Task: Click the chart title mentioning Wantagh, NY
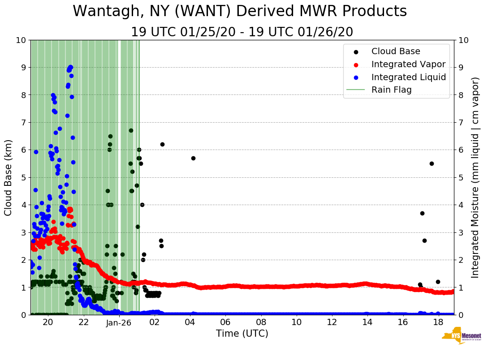tap(240, 11)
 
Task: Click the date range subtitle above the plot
tap(242, 32)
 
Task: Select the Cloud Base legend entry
tap(396, 51)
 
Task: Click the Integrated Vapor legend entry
tap(408, 64)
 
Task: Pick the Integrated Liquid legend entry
tap(409, 77)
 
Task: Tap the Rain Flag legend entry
tap(391, 90)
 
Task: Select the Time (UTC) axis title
tap(242, 334)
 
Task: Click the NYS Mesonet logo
tap(461, 337)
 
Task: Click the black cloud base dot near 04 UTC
tap(193, 158)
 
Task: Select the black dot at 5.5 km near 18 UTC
tap(432, 163)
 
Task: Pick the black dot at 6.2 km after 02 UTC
tap(162, 144)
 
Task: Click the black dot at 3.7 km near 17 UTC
tap(422, 213)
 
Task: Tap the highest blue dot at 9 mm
tap(70, 67)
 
